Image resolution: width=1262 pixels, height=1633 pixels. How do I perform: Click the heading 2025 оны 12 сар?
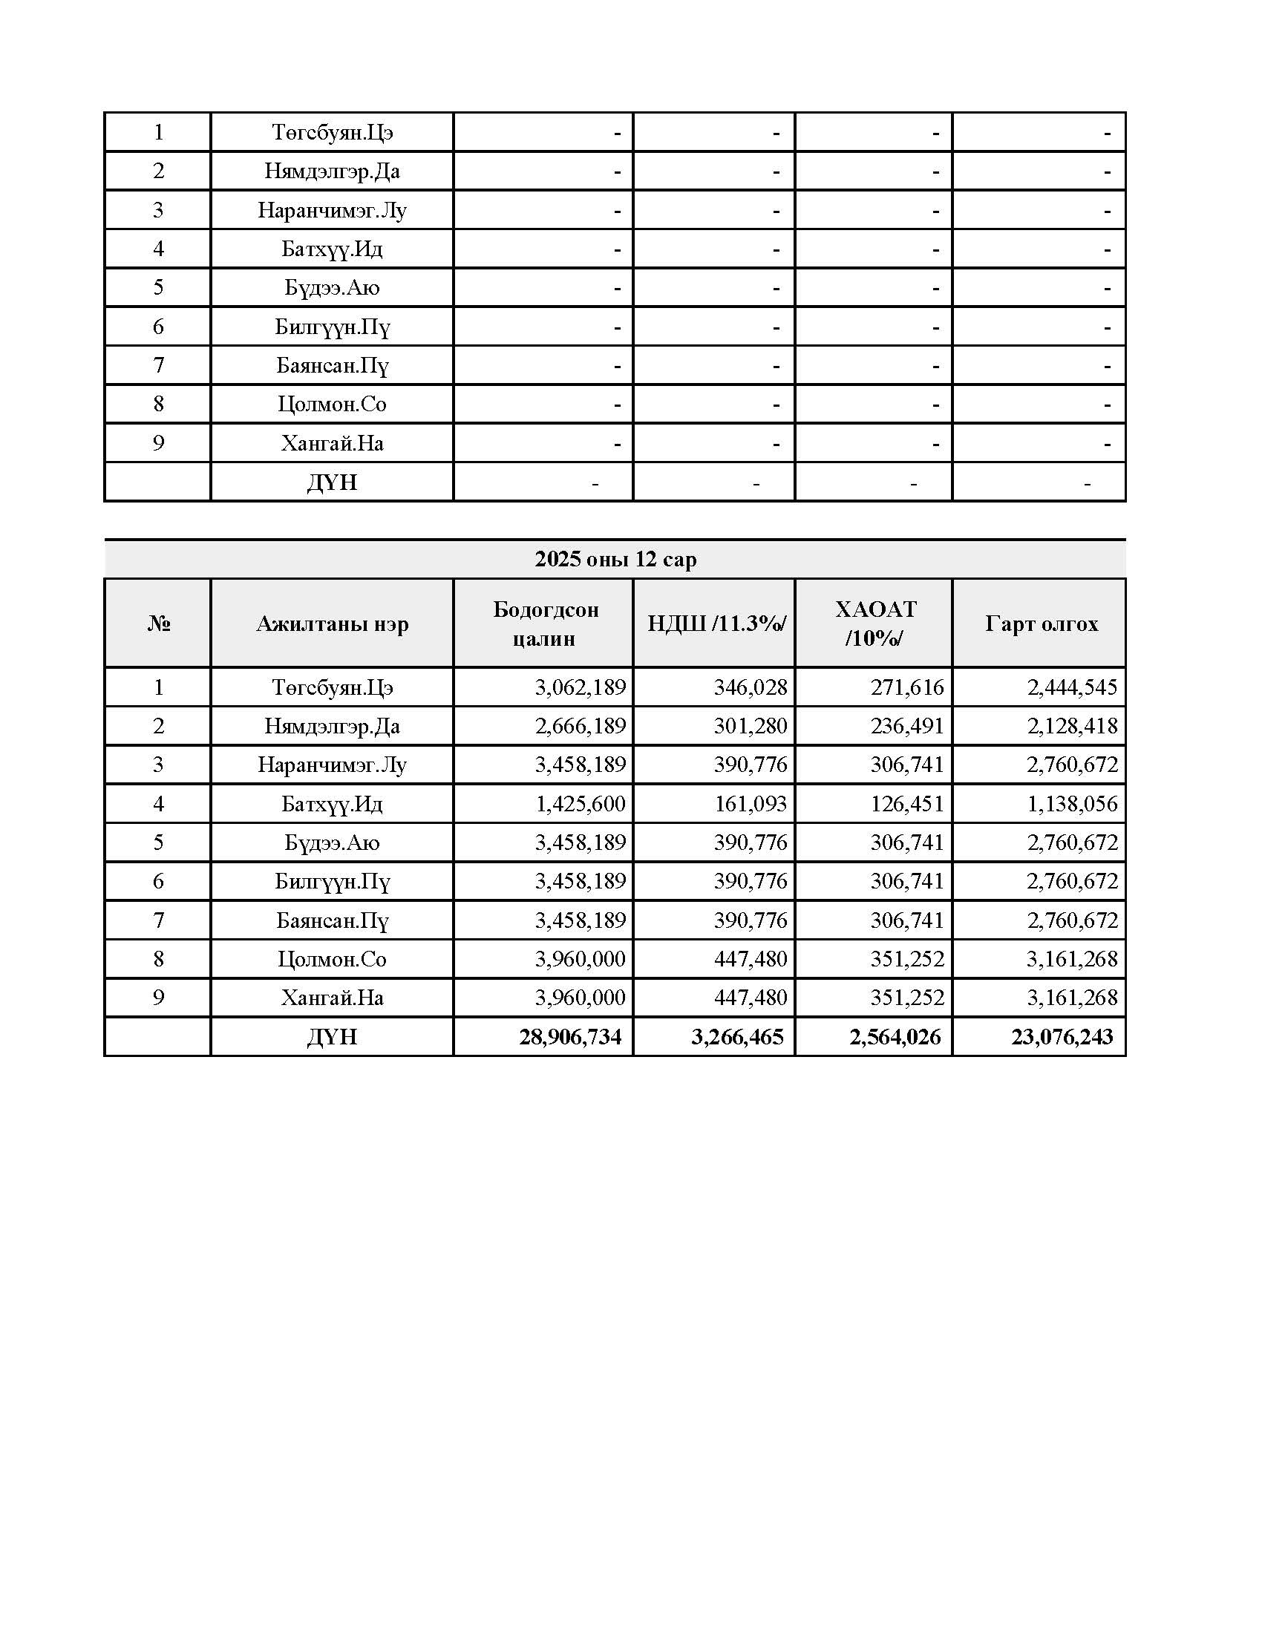pyautogui.click(x=615, y=559)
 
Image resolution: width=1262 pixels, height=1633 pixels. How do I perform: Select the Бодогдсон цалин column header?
pyautogui.click(x=545, y=624)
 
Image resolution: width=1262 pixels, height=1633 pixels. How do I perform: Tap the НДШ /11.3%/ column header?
pyautogui.click(x=716, y=623)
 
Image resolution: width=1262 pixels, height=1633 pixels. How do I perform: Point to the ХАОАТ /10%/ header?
pyautogui.click(x=874, y=623)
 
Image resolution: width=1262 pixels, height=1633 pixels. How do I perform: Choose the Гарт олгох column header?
pyautogui.click(x=1041, y=624)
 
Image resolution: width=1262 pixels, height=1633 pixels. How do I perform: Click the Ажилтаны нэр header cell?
pyautogui.click(x=332, y=624)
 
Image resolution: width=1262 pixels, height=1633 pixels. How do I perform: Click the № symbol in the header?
pyautogui.click(x=159, y=624)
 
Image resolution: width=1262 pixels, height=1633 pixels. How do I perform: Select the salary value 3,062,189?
pyautogui.click(x=581, y=687)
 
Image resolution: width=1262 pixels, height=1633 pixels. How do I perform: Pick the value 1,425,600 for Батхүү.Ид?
pyautogui.click(x=581, y=804)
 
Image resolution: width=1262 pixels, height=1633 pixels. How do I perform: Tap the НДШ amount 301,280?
pyautogui.click(x=750, y=726)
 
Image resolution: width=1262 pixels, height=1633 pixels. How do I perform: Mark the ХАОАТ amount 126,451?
pyautogui.click(x=907, y=804)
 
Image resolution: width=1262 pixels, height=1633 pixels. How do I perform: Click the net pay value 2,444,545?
pyautogui.click(x=1071, y=687)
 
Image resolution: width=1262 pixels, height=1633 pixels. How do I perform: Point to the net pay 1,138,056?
pyautogui.click(x=1071, y=804)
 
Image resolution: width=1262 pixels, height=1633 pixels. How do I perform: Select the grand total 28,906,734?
pyautogui.click(x=570, y=1037)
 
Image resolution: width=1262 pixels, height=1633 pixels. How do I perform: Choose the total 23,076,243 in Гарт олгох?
pyautogui.click(x=1062, y=1037)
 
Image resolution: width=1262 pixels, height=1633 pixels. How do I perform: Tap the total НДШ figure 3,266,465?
pyautogui.click(x=737, y=1037)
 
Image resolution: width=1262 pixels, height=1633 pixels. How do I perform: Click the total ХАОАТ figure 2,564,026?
pyautogui.click(x=895, y=1037)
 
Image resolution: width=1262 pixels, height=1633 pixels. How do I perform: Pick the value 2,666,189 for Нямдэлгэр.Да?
pyautogui.click(x=581, y=726)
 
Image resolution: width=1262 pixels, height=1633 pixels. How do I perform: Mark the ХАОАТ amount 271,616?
pyautogui.click(x=907, y=687)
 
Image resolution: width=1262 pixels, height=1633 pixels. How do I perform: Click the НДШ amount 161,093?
pyautogui.click(x=750, y=804)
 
